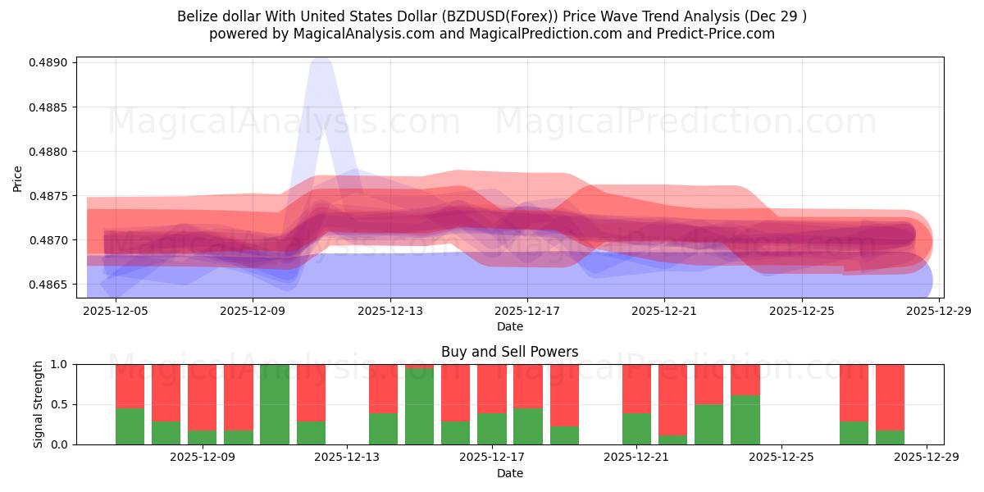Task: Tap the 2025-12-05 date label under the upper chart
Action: [x=116, y=312]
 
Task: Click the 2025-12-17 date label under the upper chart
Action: [x=526, y=312]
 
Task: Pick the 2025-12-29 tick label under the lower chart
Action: [x=926, y=458]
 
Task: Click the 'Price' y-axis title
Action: [x=18, y=178]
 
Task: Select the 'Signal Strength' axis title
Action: [x=39, y=404]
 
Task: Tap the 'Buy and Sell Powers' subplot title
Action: [x=509, y=352]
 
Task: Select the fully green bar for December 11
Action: [x=275, y=404]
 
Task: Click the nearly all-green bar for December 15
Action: [x=419, y=407]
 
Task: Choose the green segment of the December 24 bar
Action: [x=745, y=420]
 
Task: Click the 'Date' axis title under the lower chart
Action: [x=509, y=473]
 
